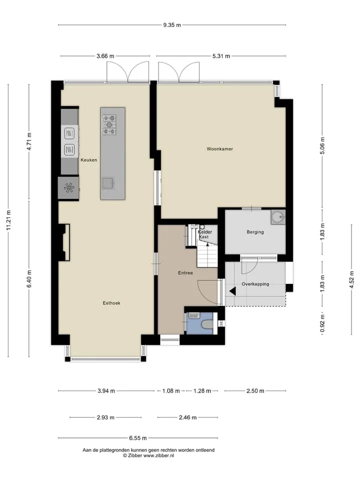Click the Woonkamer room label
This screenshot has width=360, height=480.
pos(219,149)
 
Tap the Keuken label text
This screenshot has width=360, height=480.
pos(89,160)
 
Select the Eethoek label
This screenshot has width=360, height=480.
pos(111,303)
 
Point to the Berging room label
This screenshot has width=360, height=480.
pos(255,232)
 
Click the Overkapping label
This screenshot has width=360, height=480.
pos(255,284)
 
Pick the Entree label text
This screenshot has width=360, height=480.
pos(185,273)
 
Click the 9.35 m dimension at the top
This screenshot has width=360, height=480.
pos(172,25)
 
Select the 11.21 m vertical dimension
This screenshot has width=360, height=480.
pos(8,220)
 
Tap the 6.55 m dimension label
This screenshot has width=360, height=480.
pos(138,438)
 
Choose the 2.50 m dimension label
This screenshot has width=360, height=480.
pos(255,391)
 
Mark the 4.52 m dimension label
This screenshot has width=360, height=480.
pos(351,279)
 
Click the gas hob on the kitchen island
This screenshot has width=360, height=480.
pos(109,124)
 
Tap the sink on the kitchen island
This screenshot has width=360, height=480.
pos(108,183)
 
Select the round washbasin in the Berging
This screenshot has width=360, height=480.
pos(278,217)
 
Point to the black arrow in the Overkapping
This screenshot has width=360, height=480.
pos(232,291)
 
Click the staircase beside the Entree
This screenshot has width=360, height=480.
pos(207,251)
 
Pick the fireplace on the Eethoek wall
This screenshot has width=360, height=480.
pos(64,242)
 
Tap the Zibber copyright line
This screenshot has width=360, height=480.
pos(148,455)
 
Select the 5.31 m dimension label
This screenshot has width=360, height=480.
pos(221,56)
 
